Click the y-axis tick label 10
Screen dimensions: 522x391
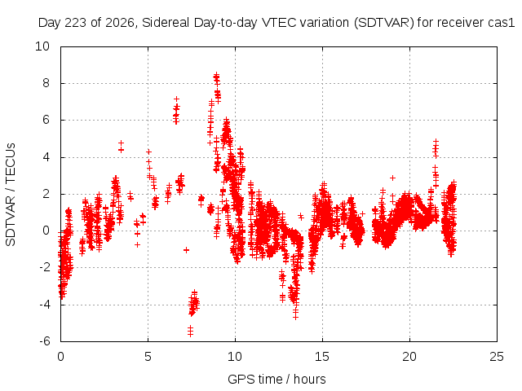[42, 46]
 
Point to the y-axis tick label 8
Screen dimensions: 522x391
[46, 83]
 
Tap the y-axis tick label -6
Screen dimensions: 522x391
[44, 341]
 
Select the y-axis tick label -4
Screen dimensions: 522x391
[44, 304]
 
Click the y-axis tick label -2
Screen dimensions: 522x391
[44, 267]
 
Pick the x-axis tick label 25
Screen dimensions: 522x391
[497, 357]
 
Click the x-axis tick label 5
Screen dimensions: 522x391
[148, 357]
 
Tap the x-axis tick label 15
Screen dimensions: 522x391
[322, 357]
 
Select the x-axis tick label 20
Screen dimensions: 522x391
[409, 357]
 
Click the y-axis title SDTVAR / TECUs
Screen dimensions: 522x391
[11, 195]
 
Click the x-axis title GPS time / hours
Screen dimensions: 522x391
[276, 380]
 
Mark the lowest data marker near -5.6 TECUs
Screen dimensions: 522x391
[190, 334]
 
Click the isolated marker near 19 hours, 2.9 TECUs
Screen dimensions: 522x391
[393, 178]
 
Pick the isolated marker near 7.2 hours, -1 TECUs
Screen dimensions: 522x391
[186, 250]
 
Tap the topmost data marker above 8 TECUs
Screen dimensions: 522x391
[216, 75]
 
